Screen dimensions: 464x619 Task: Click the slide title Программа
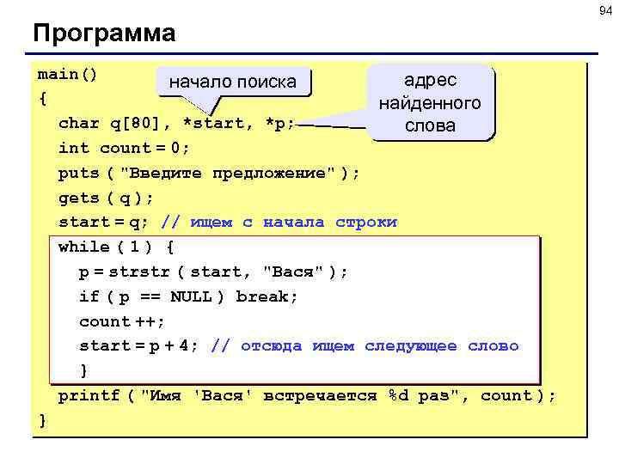point(104,34)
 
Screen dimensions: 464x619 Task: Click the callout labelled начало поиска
point(232,82)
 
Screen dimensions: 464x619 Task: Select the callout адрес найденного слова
point(430,103)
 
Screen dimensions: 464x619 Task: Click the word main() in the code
point(68,74)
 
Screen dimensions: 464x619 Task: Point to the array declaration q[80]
point(138,123)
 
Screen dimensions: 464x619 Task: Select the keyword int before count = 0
point(74,148)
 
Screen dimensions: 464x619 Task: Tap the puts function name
point(78,173)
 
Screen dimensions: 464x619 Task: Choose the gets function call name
point(78,198)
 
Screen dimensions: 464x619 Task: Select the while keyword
point(84,247)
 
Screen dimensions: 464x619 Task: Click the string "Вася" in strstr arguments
point(295,272)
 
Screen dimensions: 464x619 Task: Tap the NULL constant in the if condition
point(190,296)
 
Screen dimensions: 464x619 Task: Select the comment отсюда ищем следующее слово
point(378,346)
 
